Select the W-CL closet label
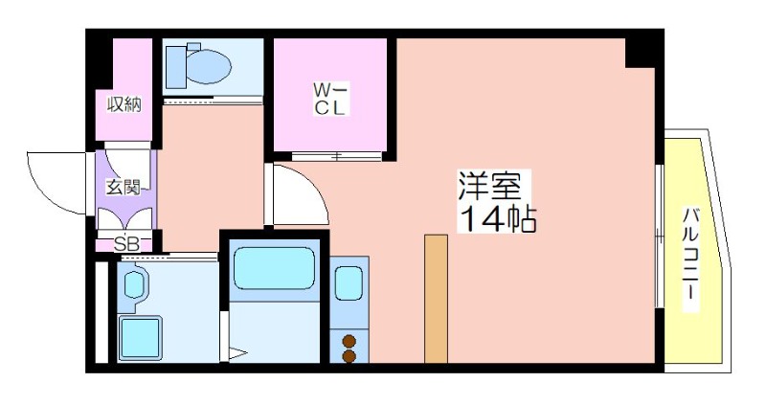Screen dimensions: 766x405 point(330,99)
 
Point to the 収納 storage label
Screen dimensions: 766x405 point(124,104)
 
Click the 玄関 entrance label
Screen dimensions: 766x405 point(124,187)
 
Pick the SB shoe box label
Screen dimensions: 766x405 point(127,244)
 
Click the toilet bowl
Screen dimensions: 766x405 point(209,66)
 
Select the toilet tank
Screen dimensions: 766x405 point(176,67)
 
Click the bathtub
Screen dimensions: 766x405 point(274,268)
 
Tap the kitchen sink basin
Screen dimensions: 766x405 point(349,283)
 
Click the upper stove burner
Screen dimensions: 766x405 point(349,341)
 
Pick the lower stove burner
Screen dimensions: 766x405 point(349,356)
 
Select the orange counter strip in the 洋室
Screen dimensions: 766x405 point(436,299)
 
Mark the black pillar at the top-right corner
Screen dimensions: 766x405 point(643,49)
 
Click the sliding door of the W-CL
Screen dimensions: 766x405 point(337,156)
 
